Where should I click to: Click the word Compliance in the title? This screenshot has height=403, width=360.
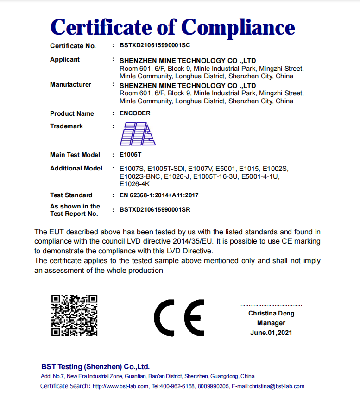(238, 27)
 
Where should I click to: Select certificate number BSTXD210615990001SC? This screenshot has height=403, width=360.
(155, 45)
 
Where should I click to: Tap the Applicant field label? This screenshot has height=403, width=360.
(65, 59)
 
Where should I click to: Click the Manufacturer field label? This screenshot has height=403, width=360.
(70, 84)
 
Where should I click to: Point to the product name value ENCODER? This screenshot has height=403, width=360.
(135, 113)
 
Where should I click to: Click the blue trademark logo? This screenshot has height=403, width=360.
(138, 134)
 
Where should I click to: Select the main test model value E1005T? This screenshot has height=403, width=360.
(130, 155)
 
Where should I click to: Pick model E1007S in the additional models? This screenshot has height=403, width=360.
(132, 168)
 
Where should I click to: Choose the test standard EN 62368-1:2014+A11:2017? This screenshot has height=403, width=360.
(159, 195)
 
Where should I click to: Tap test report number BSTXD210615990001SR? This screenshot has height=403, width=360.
(155, 209)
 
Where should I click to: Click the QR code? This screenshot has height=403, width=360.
(74, 315)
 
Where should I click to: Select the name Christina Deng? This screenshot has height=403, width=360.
(271, 313)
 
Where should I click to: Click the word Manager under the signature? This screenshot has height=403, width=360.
(271, 323)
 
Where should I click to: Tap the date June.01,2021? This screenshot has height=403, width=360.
(271, 333)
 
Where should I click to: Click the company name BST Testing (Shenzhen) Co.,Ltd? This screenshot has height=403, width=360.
(95, 366)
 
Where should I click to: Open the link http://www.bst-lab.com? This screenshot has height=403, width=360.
(120, 386)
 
